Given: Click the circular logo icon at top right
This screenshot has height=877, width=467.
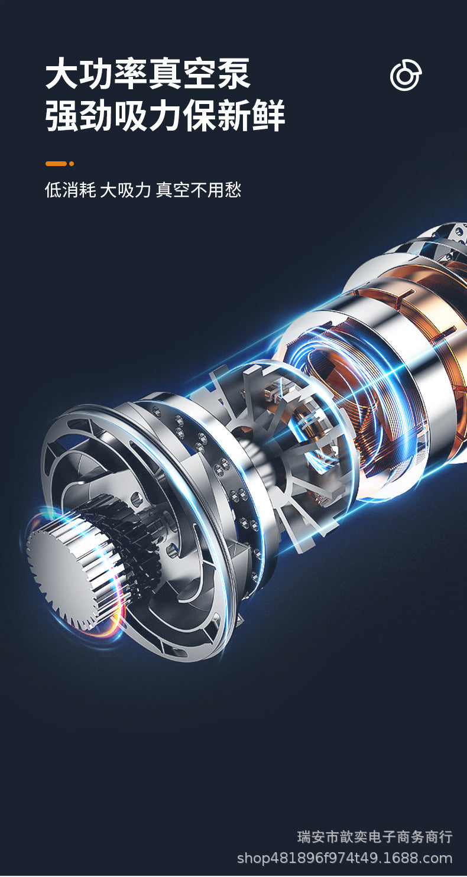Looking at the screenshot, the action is point(406,75).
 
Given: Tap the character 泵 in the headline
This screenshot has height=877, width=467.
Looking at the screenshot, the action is point(234,74).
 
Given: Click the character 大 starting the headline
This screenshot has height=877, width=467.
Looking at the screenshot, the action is point(62,74).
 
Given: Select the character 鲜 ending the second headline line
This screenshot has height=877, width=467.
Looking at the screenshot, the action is point(268,115).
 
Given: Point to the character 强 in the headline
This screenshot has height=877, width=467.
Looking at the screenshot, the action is point(62,115).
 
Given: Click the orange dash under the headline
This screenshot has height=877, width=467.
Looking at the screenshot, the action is point(56,164).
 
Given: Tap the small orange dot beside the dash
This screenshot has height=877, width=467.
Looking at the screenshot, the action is point(72,164).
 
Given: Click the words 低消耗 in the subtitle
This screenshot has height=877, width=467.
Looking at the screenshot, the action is point(70,190).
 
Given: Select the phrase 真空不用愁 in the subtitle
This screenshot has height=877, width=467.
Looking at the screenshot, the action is point(198,190).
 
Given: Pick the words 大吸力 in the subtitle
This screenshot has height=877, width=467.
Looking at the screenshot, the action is point(125,190).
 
